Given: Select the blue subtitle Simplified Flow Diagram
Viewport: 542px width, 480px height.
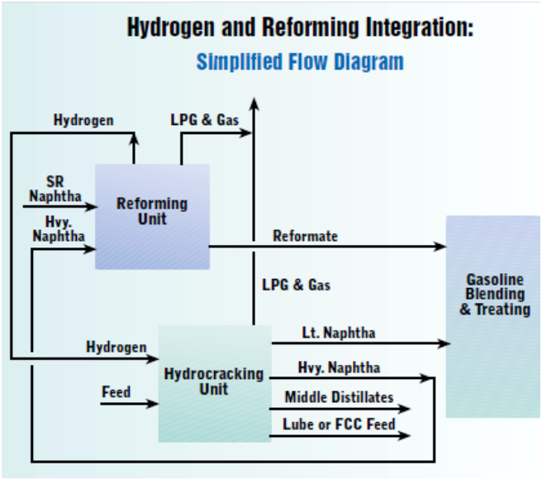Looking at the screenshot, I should pos(300,62).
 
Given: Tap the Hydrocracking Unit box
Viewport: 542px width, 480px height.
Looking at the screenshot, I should pos(214,382).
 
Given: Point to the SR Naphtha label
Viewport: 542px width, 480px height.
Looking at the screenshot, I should pos(55,188).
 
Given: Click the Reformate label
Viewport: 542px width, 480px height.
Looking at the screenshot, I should pos(305,236).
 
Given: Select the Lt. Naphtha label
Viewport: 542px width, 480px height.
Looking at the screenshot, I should pos(338,333).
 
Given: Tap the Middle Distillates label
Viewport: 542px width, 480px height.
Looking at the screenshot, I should pos(339,397).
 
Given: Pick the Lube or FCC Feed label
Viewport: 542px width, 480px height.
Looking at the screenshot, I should pos(340,425).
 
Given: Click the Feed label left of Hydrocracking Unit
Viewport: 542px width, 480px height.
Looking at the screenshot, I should pos(116,391).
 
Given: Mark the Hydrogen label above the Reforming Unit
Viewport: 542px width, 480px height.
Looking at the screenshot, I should pos(83,120).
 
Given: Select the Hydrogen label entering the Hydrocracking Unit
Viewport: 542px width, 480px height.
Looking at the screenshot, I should pos(116,347).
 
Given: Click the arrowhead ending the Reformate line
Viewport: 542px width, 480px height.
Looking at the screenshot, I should pos(440,246).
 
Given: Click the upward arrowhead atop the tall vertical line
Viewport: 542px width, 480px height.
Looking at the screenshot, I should pos(254,103).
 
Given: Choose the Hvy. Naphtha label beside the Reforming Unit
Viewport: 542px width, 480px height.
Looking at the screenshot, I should pos(58,229).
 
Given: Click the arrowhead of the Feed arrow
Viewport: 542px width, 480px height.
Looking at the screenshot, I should pos(153,404).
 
